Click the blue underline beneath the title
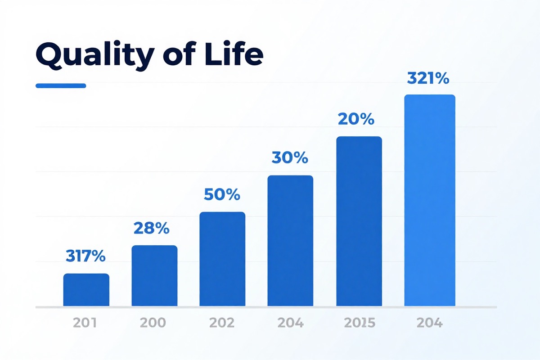pos(61,85)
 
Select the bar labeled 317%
pos(86,290)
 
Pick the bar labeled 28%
pos(154,276)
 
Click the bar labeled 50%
pos(222,259)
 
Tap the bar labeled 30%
pos(290,241)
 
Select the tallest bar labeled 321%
pos(430,201)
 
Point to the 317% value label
pos(85,256)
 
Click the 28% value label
pos(151,228)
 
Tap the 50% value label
pos(222,194)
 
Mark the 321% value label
pos(428,79)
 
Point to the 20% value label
pos(356,119)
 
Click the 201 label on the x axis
pos(85,323)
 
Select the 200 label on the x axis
pos(153,323)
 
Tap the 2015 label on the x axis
pos(358,323)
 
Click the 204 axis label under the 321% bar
pos(429,323)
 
